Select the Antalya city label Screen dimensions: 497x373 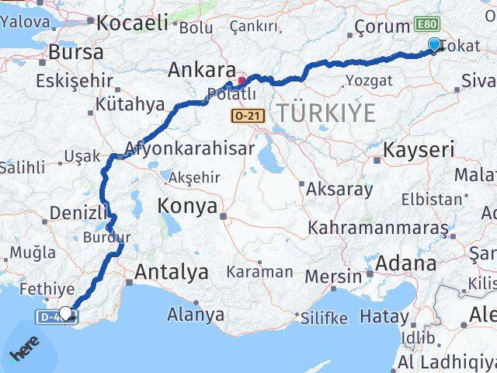tap(172, 273)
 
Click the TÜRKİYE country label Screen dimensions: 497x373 tap(326, 113)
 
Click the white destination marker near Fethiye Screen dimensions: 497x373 tap(66, 313)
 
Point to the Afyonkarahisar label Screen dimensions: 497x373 tap(189, 148)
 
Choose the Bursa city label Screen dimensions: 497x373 tap(75, 53)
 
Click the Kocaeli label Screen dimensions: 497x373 tap(132, 23)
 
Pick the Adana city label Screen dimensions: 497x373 tap(405, 264)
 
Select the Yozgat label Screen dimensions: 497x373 tap(363, 79)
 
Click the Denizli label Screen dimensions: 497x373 tap(73, 213)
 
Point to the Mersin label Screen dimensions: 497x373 tap(334, 277)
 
